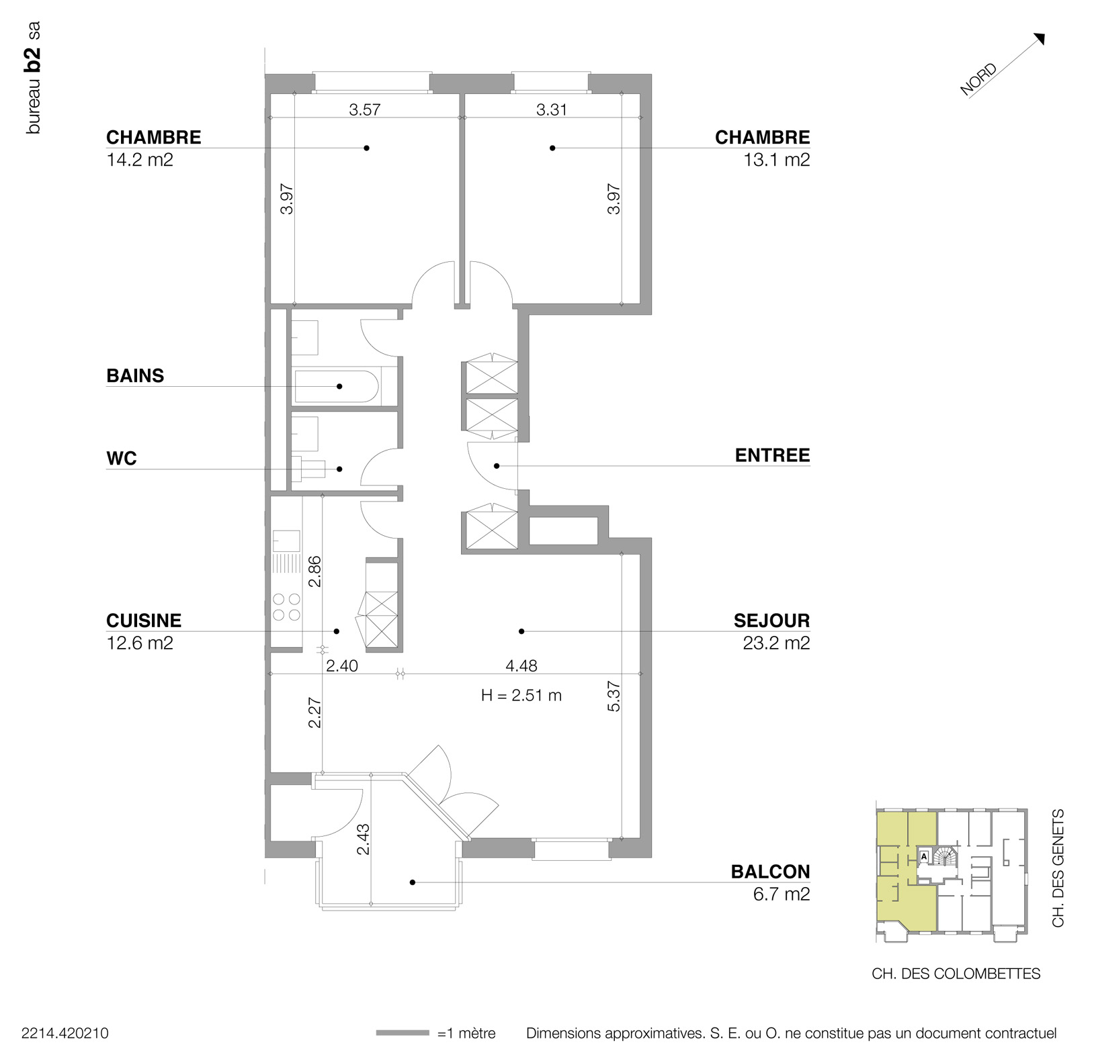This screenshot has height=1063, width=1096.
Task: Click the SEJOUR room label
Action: click(x=771, y=620)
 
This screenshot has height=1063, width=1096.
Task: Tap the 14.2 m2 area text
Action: click(x=140, y=160)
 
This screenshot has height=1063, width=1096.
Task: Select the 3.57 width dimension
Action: click(x=364, y=109)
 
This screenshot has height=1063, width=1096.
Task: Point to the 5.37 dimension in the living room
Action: click(x=614, y=697)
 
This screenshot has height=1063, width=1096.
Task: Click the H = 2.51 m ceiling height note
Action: click(x=521, y=695)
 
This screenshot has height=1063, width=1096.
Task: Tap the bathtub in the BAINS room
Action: click(x=336, y=386)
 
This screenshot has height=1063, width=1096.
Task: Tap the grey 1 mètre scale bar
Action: click(x=402, y=1033)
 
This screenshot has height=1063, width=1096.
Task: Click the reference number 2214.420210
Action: click(x=65, y=1033)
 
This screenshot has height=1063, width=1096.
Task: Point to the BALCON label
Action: click(x=770, y=872)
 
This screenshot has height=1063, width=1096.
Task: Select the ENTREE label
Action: click(x=772, y=455)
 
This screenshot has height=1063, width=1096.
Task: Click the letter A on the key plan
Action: click(x=924, y=857)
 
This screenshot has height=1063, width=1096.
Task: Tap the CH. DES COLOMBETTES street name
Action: click(x=956, y=974)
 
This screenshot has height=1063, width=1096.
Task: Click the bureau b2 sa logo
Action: click(x=34, y=79)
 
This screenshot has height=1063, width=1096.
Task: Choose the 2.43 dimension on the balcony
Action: click(x=363, y=839)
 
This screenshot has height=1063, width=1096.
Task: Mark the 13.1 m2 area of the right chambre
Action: click(x=776, y=160)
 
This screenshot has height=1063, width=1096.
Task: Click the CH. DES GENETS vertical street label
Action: click(x=1058, y=868)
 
